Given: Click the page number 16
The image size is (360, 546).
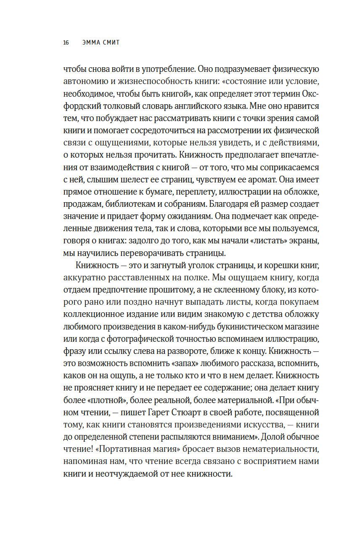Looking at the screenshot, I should click(66, 42).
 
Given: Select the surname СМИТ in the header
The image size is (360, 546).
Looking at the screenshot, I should click(111, 42).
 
